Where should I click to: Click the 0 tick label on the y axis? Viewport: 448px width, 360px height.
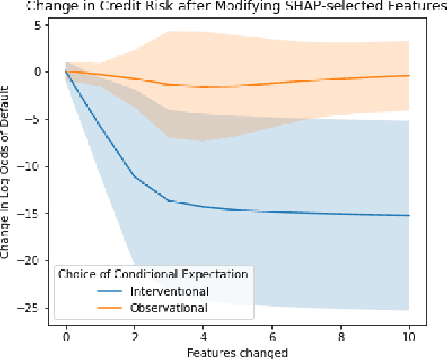pyautogui.click(x=35, y=71)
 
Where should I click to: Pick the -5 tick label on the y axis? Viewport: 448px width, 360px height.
pyautogui.click(x=33, y=118)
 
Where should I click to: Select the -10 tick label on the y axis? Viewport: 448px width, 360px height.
pyautogui.click(x=30, y=166)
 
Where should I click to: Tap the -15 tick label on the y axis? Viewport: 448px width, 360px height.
pyautogui.click(x=30, y=213)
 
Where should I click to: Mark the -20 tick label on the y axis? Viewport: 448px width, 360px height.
pyautogui.click(x=30, y=260)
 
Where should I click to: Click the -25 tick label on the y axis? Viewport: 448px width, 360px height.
pyautogui.click(x=30, y=307)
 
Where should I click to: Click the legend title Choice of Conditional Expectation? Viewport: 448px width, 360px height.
pyautogui.click(x=154, y=274)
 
